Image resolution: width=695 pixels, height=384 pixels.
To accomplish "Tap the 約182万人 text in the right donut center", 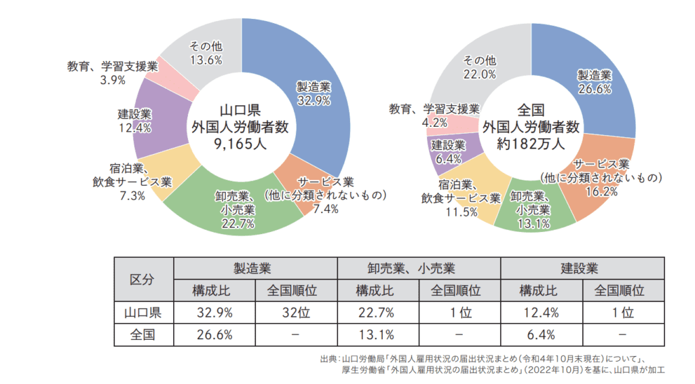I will tap(531, 143).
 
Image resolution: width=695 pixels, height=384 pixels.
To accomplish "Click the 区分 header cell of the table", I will tap(143, 280).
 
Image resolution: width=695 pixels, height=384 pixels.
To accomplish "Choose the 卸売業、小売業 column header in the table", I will tap(419, 268).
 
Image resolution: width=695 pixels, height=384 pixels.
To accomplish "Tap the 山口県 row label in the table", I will tap(143, 313).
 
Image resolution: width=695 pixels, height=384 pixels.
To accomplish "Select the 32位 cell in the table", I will tap(296, 313).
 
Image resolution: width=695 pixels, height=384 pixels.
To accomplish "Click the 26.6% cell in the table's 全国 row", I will tap(214, 334).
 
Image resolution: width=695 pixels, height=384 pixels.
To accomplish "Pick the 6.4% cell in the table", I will tap(541, 334).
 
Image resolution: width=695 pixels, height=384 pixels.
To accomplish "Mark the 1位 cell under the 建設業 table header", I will tap(622, 313).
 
